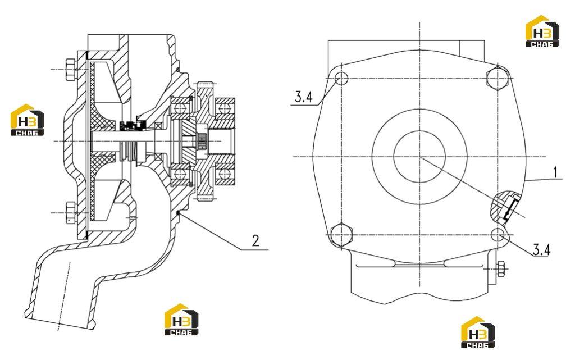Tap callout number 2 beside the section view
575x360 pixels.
[x=255, y=240]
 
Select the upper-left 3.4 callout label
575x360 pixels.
[x=304, y=97]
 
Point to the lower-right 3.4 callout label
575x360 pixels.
[x=542, y=250]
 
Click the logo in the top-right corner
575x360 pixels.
[x=542, y=31]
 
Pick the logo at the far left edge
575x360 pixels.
[x=28, y=120]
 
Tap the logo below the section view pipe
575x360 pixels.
[x=181, y=320]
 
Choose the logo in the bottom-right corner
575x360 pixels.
[x=477, y=332]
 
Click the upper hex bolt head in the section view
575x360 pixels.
[x=71, y=70]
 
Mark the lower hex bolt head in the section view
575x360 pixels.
[x=71, y=213]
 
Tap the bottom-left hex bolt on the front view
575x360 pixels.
[x=341, y=234]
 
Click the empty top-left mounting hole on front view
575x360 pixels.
[x=342, y=78]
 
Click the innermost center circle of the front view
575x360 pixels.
[x=419, y=157]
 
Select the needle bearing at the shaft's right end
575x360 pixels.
[x=202, y=142]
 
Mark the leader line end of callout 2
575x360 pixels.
[x=179, y=213]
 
